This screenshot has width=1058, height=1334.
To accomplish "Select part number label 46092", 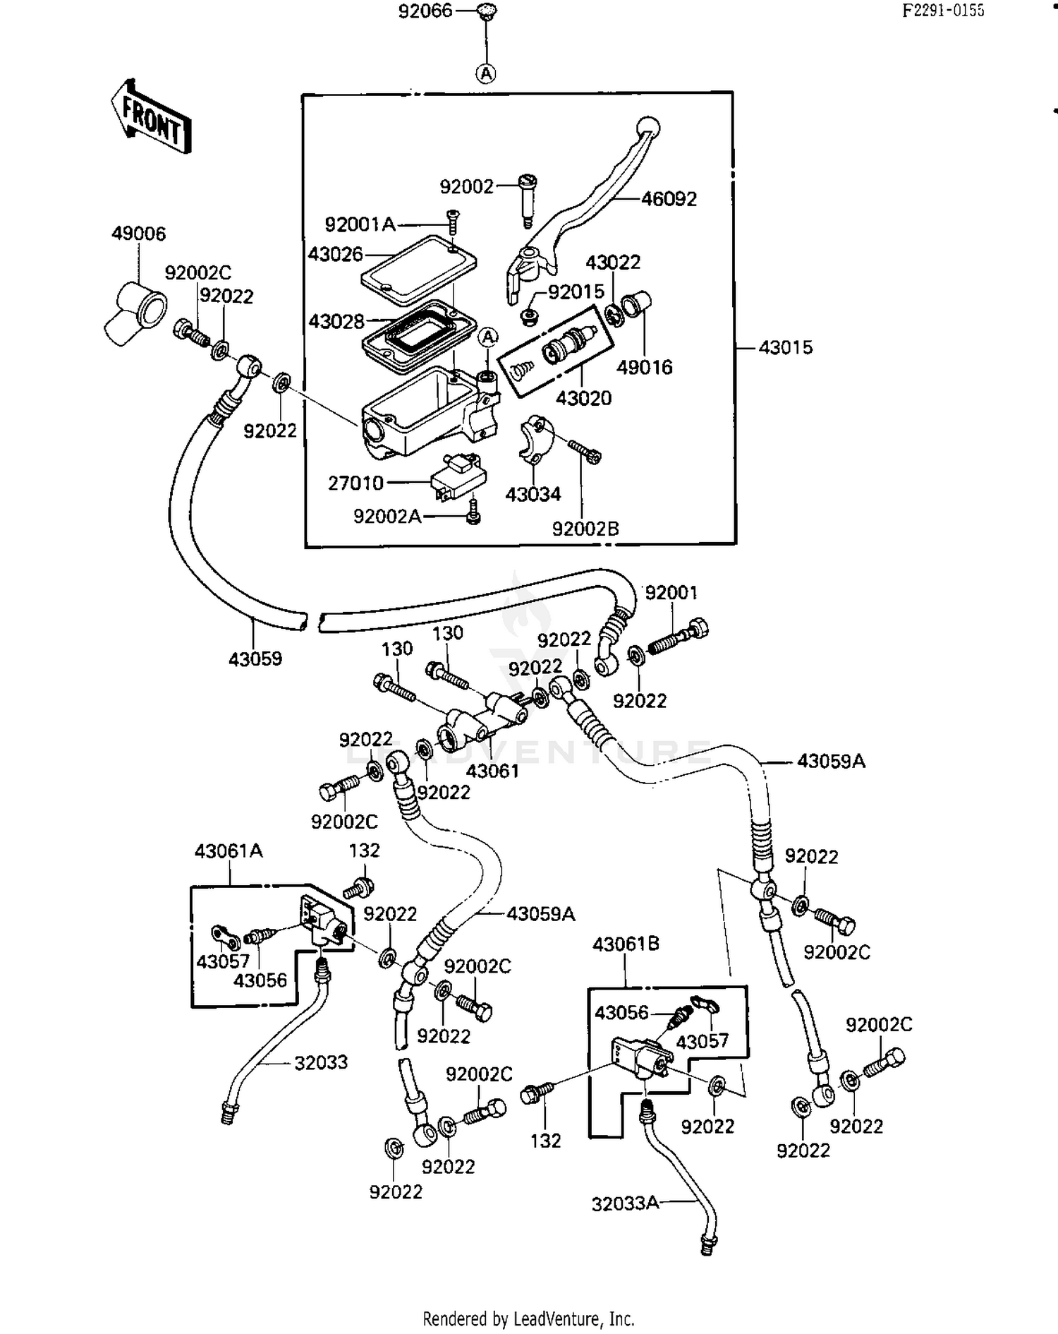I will (x=669, y=199).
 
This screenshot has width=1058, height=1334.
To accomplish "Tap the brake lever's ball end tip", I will (x=649, y=128).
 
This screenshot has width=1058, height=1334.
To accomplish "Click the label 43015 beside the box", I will (x=786, y=347).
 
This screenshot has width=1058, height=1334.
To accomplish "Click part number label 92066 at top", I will (x=425, y=11).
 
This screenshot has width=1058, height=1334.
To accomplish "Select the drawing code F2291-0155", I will (x=943, y=11).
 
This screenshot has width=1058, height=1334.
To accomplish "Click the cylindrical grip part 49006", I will (x=138, y=311).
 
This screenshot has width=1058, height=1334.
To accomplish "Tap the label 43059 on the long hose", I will (x=255, y=659).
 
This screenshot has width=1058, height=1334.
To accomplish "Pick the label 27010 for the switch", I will (x=355, y=483).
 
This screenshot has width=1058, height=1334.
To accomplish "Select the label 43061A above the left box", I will (x=229, y=851).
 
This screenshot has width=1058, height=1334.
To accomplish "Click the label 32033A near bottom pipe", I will (x=626, y=1203).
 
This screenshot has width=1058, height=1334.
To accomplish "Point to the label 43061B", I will (x=626, y=944).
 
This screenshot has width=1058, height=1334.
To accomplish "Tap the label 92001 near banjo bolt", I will (x=671, y=593).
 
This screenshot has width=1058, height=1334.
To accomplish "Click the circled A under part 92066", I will (x=486, y=73).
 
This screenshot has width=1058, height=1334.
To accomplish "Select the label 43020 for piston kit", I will (x=583, y=398).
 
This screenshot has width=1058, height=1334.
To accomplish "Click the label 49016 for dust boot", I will (x=644, y=367).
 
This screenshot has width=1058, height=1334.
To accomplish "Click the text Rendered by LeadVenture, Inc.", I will (x=528, y=1318).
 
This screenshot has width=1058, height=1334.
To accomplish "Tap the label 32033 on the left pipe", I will (x=321, y=1062).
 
